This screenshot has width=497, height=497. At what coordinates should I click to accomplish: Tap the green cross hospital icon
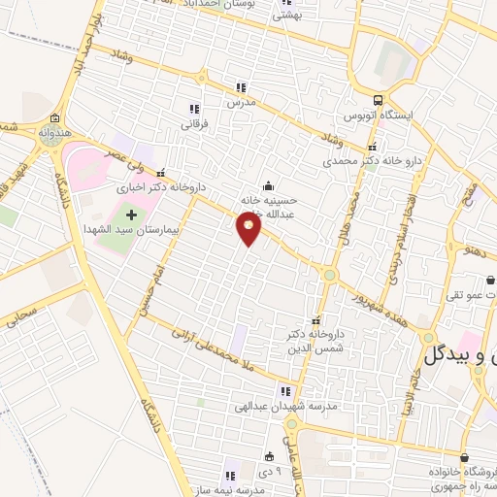tap(131, 213)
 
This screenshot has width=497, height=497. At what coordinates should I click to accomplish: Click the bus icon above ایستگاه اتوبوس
tap(379, 100)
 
